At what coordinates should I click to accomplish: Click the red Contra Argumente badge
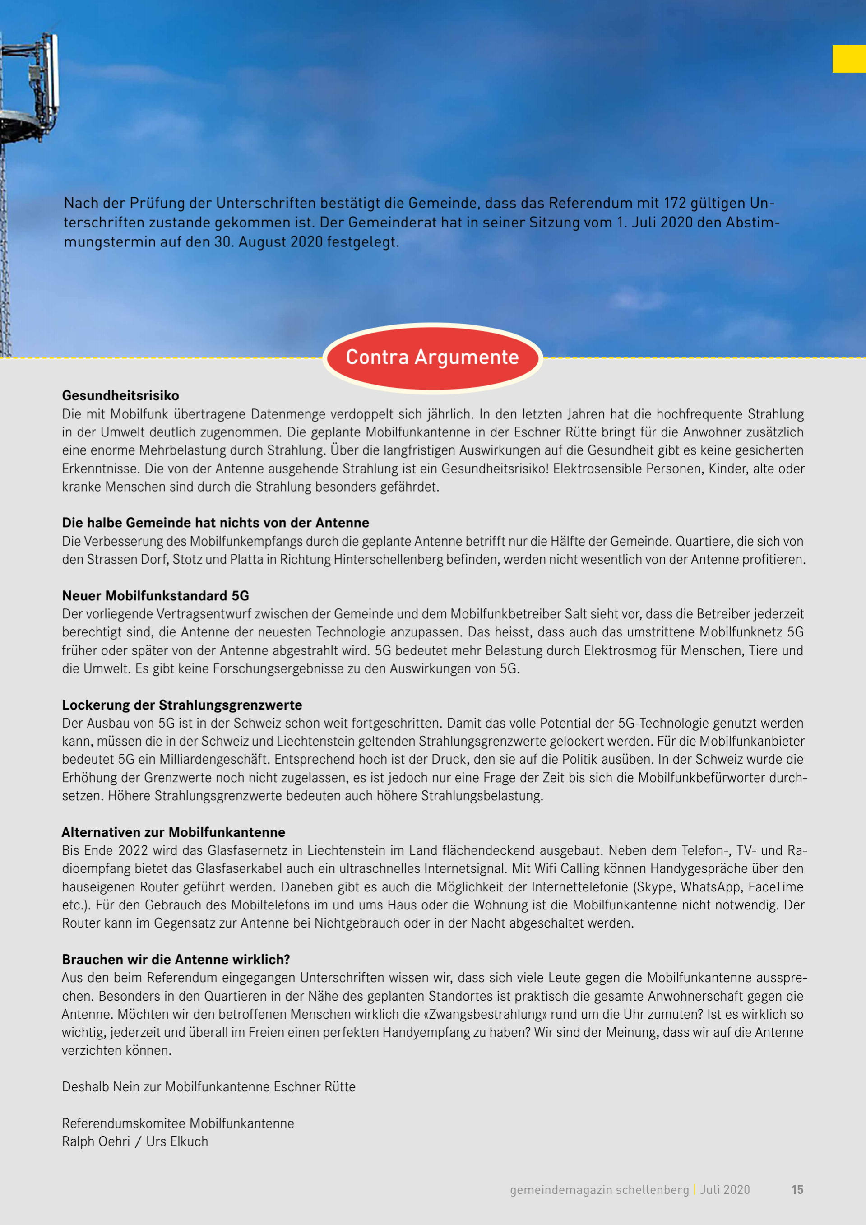tap(432, 357)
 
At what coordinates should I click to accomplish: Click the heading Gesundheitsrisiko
tap(120, 395)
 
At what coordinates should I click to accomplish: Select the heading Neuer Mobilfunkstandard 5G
tap(155, 595)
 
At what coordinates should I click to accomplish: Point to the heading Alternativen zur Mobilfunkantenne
tap(173, 832)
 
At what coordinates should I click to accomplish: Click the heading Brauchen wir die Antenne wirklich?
tap(176, 959)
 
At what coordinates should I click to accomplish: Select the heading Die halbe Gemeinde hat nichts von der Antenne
tap(216, 522)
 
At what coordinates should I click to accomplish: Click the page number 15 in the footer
tap(797, 1189)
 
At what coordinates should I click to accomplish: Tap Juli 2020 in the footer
tap(725, 1189)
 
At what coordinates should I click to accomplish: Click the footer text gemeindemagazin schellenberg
tap(599, 1189)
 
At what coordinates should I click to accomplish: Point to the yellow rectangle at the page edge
tap(848, 59)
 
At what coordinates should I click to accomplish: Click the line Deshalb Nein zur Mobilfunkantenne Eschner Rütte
tap(208, 1087)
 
